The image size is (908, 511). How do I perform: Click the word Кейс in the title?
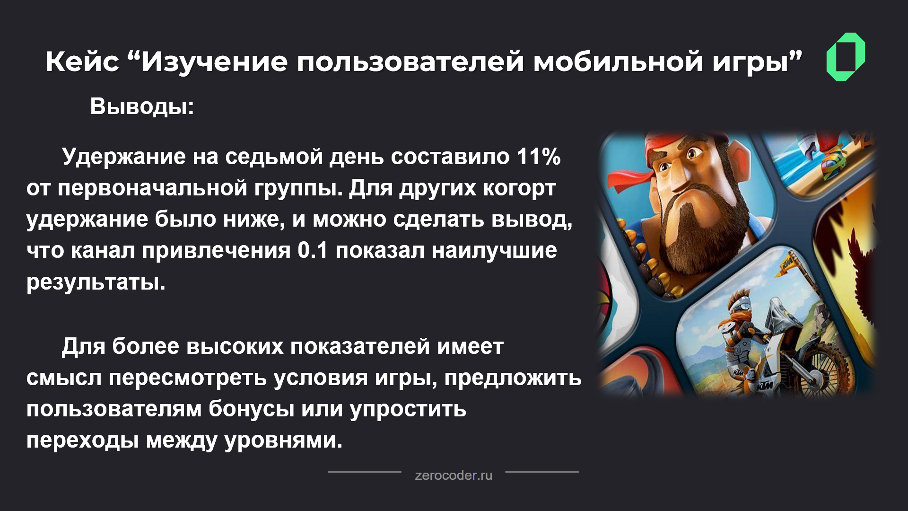pyautogui.click(x=82, y=62)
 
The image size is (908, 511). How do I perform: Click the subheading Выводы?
pyautogui.click(x=142, y=106)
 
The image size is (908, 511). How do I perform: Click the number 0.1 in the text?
pyautogui.click(x=313, y=251)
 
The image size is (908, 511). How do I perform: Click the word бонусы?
pyautogui.click(x=251, y=409)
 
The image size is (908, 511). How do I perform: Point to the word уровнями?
pyautogui.click(x=283, y=441)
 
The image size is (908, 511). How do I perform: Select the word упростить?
pyautogui.click(x=408, y=409)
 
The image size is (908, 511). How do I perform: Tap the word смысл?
pyautogui.click(x=64, y=378)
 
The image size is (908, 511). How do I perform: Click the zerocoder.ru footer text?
pyautogui.click(x=453, y=475)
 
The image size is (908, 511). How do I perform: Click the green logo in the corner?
pyautogui.click(x=846, y=57)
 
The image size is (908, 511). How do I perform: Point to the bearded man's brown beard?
pyautogui.click(x=686, y=237)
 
